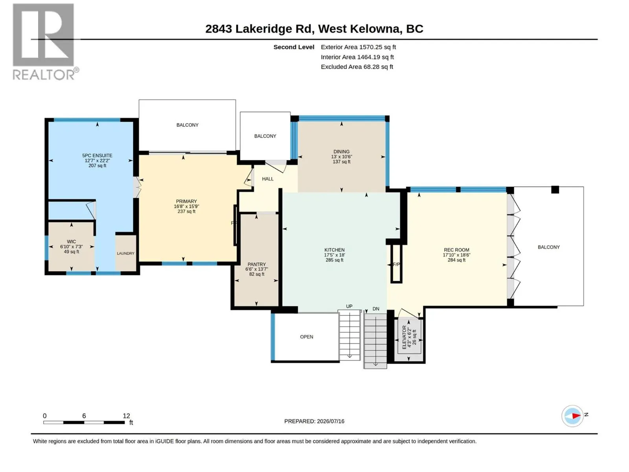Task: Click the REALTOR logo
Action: [x=45, y=42]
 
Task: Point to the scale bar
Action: [x=84, y=422]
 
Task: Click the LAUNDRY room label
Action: [x=125, y=253]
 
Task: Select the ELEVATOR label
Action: [x=405, y=337]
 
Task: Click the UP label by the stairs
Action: [x=349, y=306]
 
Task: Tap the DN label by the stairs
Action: [x=376, y=309]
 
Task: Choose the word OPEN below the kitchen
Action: [x=306, y=337]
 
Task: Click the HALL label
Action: [x=268, y=179]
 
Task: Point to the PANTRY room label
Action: [x=256, y=264]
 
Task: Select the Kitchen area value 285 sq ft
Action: [x=335, y=260]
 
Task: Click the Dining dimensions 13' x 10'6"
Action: [x=341, y=157]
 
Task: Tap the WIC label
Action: [x=72, y=242]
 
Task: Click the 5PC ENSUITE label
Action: [x=97, y=155]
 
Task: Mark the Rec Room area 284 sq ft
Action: [x=456, y=260]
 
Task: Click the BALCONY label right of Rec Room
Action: [x=548, y=247]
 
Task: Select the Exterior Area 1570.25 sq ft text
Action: [x=358, y=47]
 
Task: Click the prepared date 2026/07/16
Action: [x=330, y=421]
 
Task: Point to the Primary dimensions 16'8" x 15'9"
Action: [x=186, y=206]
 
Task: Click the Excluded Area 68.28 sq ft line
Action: [x=357, y=67]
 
